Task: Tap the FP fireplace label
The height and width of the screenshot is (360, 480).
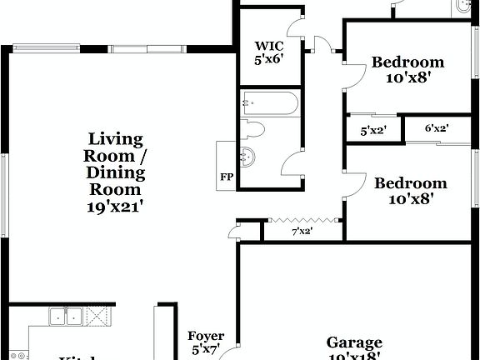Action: pyautogui.click(x=226, y=177)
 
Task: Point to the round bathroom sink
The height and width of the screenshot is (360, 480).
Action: pyautogui.click(x=247, y=154)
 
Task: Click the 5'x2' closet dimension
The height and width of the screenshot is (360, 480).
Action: pyautogui.click(x=372, y=131)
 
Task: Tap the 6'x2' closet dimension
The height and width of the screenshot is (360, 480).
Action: pyautogui.click(x=437, y=128)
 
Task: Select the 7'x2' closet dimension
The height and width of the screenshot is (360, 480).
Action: pyautogui.click(x=301, y=231)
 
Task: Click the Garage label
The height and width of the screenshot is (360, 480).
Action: pyautogui.click(x=354, y=342)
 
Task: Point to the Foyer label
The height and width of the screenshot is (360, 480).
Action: pyautogui.click(x=206, y=337)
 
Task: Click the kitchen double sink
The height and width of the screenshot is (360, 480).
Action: pyautogui.click(x=66, y=316)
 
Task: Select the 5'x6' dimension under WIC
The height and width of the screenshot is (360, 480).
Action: pyautogui.click(x=269, y=61)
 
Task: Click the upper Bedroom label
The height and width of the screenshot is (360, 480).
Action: pyautogui.click(x=407, y=62)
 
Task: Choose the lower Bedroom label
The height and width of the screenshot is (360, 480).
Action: pyautogui.click(x=410, y=183)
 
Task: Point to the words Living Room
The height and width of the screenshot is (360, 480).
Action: pyautogui.click(x=117, y=147)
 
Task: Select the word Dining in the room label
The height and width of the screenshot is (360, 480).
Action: pyautogui.click(x=117, y=173)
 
